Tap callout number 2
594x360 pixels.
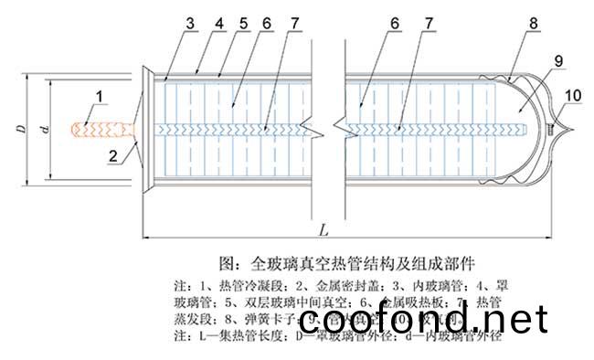(x=112, y=155)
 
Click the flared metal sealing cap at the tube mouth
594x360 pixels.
(x=145, y=129)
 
